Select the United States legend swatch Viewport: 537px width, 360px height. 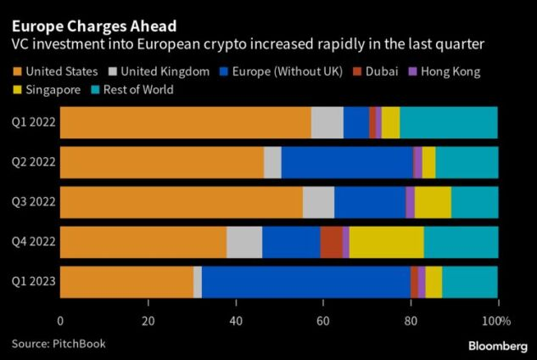coord(18,71)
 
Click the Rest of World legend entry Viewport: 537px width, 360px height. coord(131,89)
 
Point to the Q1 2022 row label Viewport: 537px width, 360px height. coord(32,123)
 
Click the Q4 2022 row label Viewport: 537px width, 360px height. coord(32,242)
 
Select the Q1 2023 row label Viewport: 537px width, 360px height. coord(32,282)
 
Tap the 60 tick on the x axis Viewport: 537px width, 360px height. coord(323,322)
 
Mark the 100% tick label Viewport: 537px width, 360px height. coord(496,322)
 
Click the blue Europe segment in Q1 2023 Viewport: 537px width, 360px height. coord(305,282)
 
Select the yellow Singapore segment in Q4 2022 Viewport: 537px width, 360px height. coord(386,242)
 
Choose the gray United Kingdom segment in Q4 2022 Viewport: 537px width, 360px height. coord(244,242)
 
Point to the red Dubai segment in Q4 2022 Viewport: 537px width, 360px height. coord(331,242)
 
